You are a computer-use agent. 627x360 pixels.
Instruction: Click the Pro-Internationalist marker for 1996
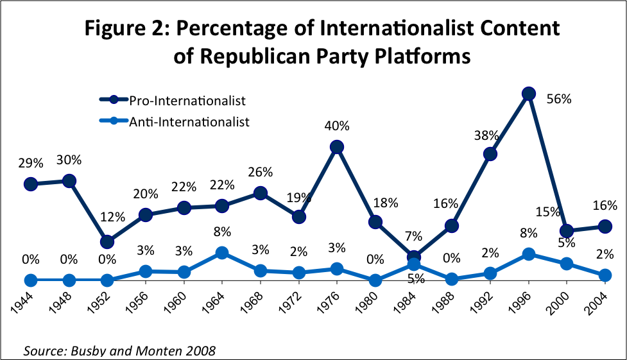[528, 94]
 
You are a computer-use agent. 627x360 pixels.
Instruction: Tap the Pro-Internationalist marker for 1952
[107, 242]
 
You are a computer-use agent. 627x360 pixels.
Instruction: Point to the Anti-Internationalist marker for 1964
[222, 253]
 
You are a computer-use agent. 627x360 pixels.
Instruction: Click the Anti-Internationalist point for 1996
[528, 254]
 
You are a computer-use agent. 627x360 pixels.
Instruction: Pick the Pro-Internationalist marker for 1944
[31, 184]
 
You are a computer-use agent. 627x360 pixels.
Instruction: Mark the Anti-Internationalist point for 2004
[604, 275]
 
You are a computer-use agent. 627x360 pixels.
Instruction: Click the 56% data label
[558, 99]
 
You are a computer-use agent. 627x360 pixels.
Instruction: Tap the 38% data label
[486, 135]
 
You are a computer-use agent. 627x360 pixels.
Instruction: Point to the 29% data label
[31, 163]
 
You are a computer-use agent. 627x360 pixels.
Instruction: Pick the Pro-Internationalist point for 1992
[490, 154]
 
